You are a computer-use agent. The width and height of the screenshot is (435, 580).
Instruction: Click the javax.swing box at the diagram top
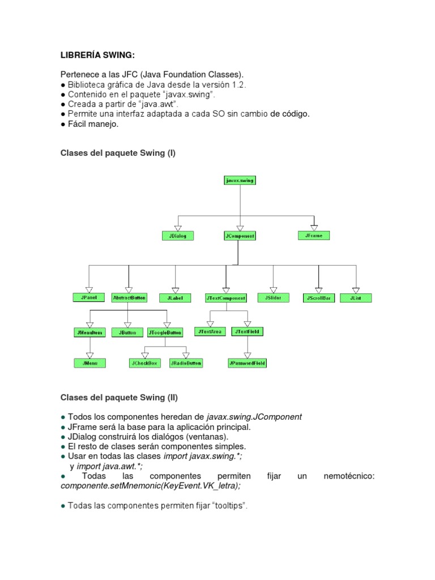240,180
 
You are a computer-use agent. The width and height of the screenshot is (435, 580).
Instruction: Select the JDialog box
177,236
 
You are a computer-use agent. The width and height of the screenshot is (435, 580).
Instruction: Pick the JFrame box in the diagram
313,235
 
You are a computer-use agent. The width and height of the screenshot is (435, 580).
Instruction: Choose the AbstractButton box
129,297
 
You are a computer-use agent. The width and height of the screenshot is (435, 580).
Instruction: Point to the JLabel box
176,297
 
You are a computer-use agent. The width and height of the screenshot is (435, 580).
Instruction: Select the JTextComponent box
226,297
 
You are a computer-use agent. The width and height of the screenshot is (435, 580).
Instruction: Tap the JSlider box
273,297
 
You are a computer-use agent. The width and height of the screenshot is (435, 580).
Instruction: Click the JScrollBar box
319,297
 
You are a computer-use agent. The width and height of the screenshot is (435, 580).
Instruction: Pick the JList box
356,297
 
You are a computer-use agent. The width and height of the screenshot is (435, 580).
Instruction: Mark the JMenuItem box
89,332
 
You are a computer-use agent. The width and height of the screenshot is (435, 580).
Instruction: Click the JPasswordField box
247,362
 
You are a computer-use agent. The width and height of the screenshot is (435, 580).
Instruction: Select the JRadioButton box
186,363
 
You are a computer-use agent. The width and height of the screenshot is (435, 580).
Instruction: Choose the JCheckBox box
145,363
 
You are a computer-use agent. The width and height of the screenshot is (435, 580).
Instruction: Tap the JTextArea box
210,331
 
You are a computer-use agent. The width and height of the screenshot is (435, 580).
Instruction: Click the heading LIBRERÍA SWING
98,55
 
